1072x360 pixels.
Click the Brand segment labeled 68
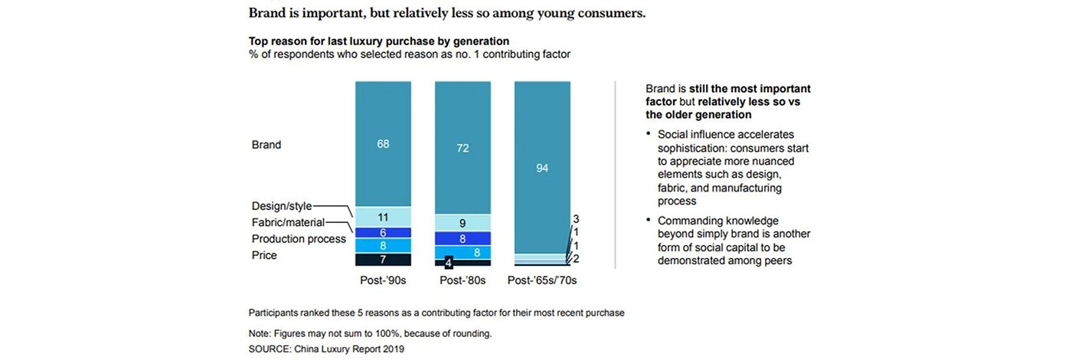click(383, 144)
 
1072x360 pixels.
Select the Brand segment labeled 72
click(462, 147)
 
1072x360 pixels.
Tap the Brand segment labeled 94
click(542, 167)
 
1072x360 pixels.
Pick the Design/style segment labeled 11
click(383, 217)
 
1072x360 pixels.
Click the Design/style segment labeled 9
click(462, 223)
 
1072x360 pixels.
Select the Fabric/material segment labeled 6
click(383, 232)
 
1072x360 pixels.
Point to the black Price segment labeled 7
click(383, 260)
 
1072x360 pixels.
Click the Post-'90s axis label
click(383, 280)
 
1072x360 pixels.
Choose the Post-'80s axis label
click(462, 280)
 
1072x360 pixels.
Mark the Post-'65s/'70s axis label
click(542, 280)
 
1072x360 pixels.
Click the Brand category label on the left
click(266, 144)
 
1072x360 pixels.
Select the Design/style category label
click(281, 206)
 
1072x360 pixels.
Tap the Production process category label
click(299, 239)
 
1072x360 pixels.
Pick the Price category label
click(264, 255)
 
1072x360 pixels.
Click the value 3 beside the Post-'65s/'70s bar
click(576, 219)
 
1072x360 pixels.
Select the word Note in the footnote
click(261, 334)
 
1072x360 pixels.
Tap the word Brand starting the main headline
click(268, 13)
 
